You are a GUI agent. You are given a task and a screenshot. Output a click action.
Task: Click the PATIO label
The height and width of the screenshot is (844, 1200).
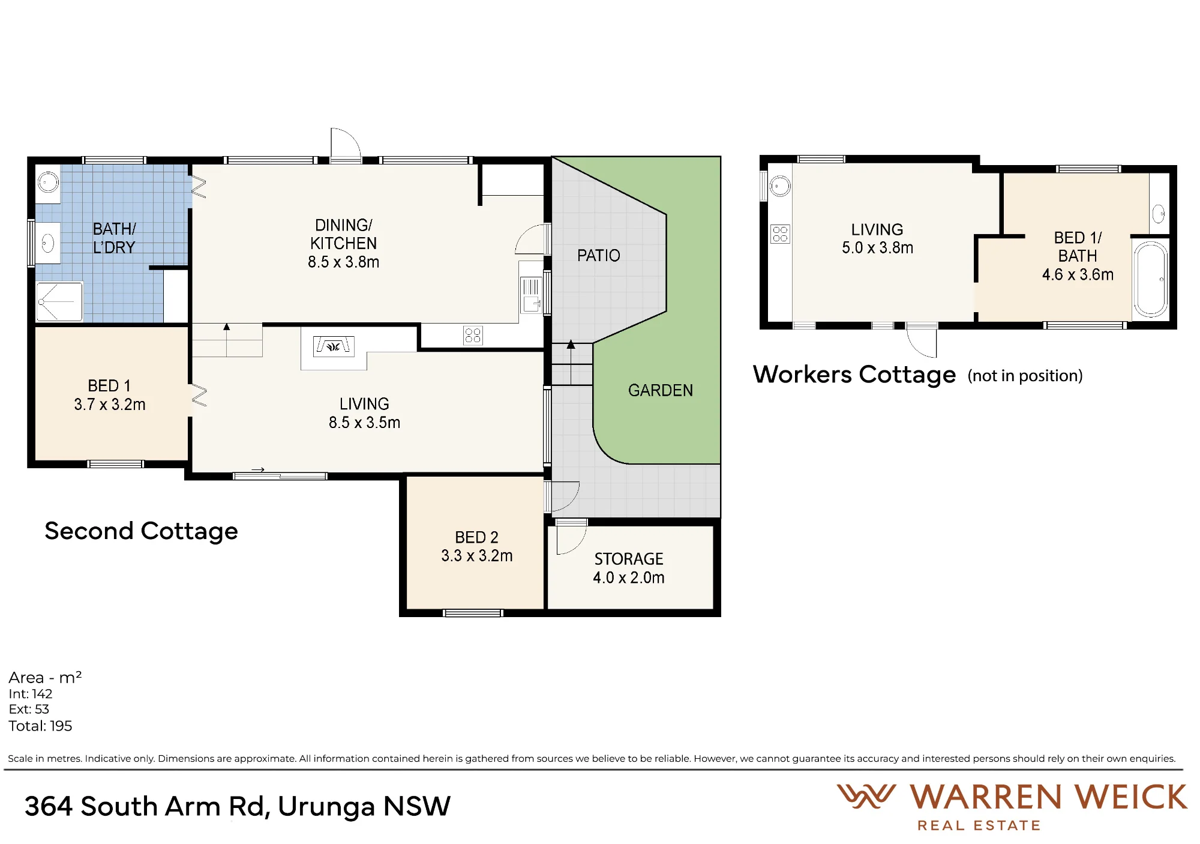[598, 256]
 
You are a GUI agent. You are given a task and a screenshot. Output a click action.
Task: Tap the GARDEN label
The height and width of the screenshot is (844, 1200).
[660, 391]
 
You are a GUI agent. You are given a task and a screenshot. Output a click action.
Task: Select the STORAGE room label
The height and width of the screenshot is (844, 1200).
[629, 559]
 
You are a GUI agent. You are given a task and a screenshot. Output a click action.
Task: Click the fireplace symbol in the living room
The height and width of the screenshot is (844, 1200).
[334, 346]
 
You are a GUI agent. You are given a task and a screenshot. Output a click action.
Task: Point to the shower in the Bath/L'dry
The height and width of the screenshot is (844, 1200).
[59, 302]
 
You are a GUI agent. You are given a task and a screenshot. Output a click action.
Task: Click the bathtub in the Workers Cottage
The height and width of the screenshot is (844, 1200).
[1150, 279]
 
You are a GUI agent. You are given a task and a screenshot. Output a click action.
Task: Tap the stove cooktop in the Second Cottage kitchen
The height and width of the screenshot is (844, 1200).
[473, 336]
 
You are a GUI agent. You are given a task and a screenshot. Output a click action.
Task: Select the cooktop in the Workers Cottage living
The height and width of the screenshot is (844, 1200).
[780, 234]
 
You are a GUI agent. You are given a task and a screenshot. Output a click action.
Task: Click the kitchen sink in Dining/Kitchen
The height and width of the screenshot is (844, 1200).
[531, 295]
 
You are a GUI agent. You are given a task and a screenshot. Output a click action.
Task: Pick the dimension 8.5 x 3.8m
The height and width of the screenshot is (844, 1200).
[343, 262]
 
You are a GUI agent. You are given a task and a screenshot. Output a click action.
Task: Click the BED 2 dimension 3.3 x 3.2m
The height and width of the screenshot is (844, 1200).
[477, 556]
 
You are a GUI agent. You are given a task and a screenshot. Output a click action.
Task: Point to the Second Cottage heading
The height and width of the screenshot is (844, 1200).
[141, 531]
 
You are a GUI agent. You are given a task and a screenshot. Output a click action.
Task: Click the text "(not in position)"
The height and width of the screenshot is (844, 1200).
[1025, 376]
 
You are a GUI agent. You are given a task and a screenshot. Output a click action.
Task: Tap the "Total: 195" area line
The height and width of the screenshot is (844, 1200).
[40, 726]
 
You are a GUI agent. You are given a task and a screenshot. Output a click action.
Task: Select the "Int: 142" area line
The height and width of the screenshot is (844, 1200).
[31, 694]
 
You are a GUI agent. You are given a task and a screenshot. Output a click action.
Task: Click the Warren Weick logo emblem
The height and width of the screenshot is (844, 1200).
[866, 797]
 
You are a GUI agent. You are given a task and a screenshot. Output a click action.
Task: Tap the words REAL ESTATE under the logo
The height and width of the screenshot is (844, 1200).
[979, 826]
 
